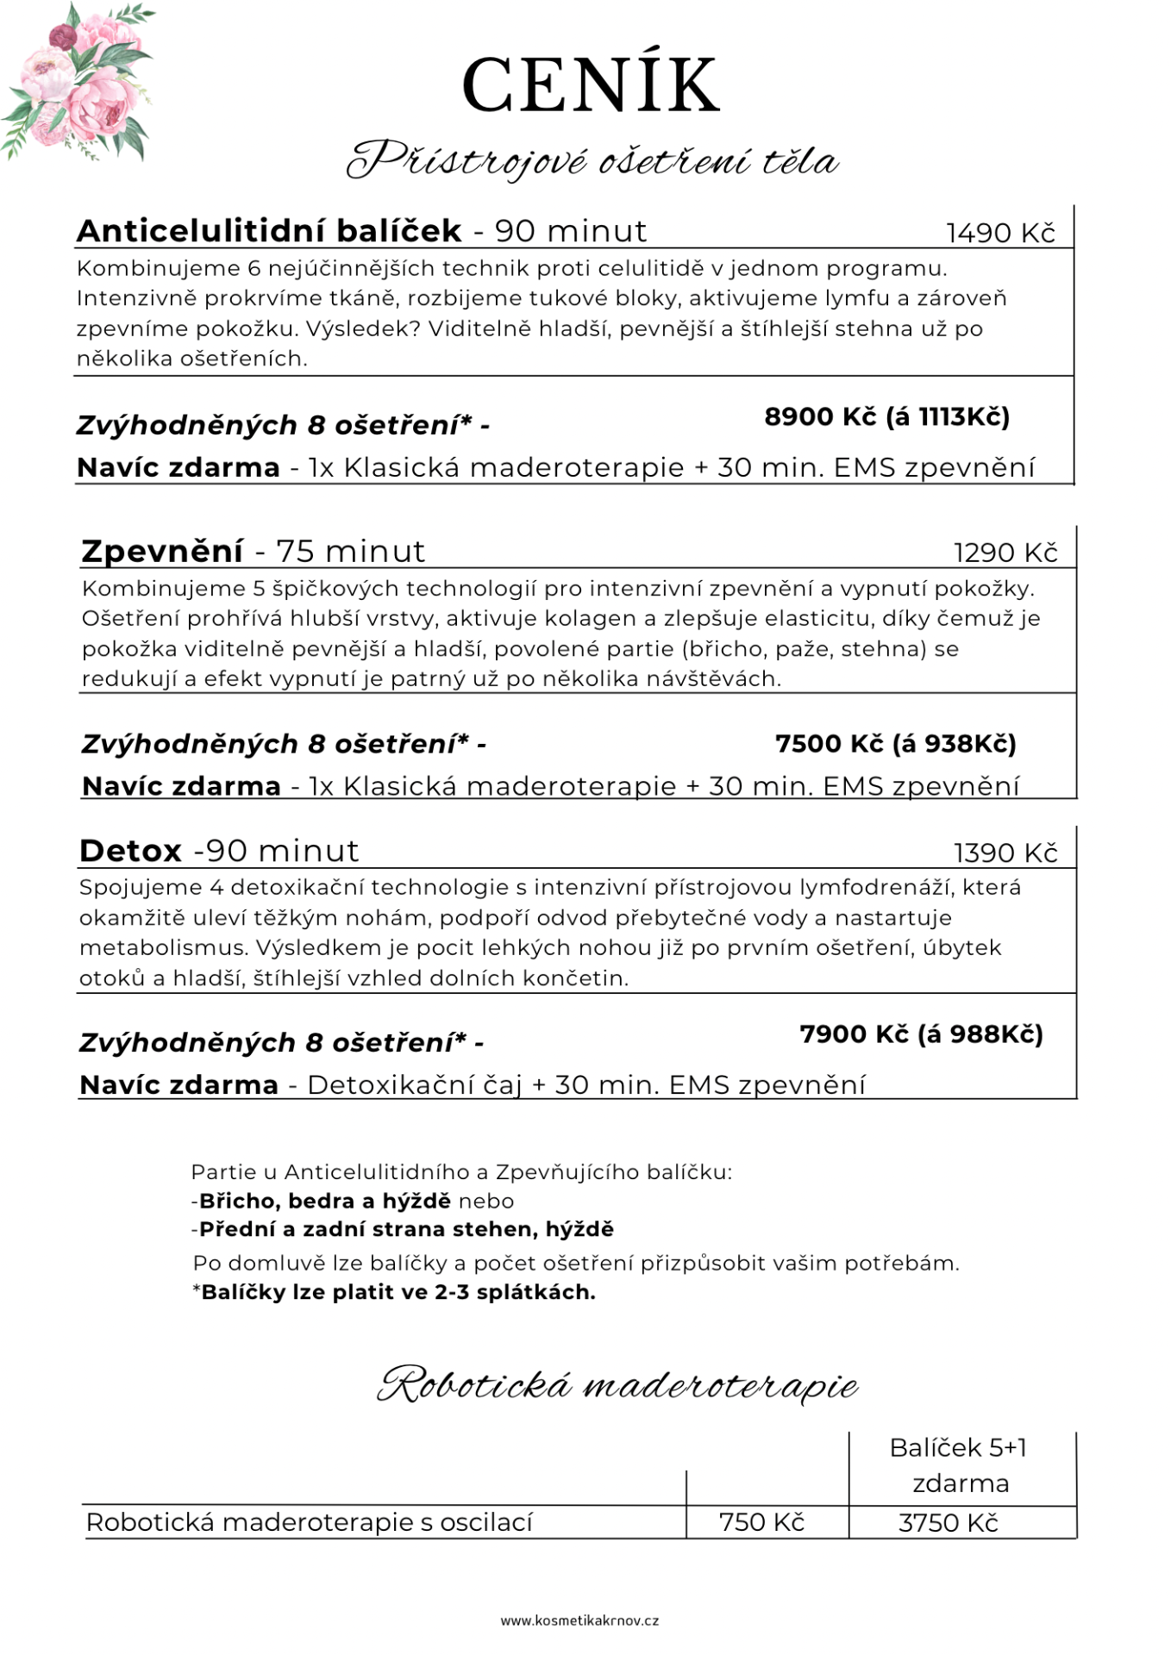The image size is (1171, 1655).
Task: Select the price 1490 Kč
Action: (x=1000, y=233)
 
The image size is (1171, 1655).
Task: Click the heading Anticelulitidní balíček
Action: (x=269, y=231)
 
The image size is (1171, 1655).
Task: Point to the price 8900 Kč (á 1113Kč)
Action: (x=886, y=417)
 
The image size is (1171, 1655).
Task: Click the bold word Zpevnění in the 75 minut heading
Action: (x=162, y=551)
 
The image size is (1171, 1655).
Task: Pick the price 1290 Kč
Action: (x=1005, y=553)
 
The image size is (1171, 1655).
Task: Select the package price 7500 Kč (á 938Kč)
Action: (x=895, y=743)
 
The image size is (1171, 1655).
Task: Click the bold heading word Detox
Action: (x=130, y=851)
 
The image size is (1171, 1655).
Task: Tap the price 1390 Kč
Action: (x=1005, y=852)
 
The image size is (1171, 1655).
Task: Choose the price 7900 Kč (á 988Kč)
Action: (x=921, y=1034)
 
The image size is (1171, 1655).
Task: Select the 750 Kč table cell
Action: (x=761, y=1522)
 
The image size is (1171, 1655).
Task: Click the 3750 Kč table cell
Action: (x=948, y=1523)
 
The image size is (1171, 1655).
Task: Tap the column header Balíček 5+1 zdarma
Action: (x=959, y=1465)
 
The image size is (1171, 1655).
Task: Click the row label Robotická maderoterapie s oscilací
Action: (x=309, y=1522)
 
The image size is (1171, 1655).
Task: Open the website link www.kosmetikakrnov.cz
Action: (x=579, y=1621)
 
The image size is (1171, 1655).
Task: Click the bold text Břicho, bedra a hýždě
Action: (x=325, y=1201)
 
